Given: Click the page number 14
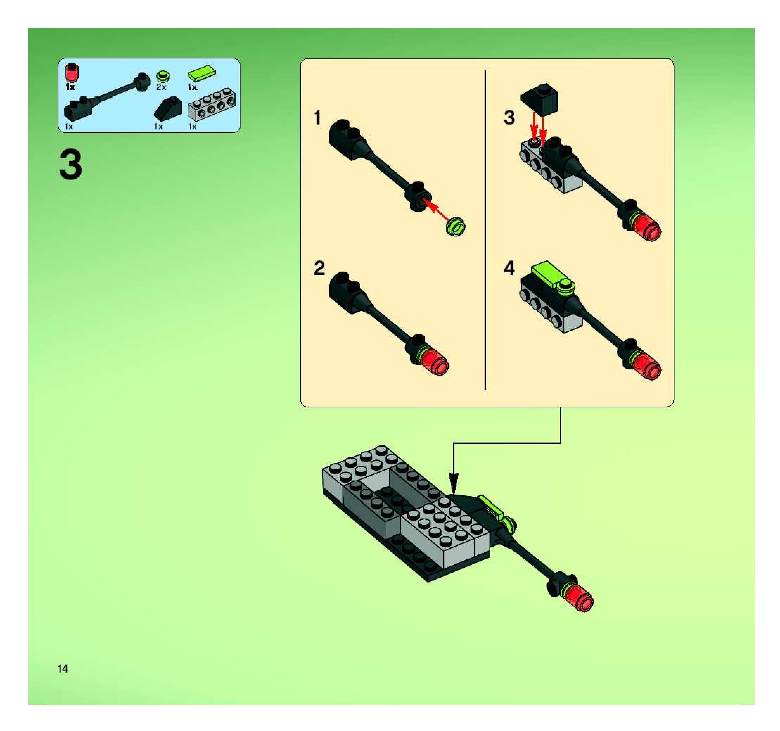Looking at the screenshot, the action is [x=63, y=669].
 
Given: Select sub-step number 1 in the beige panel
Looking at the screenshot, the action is [x=318, y=118].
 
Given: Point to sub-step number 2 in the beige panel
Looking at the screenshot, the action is [x=319, y=268].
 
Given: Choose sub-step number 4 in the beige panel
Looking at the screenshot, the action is [x=509, y=268].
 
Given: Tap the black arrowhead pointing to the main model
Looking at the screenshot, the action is [x=454, y=482].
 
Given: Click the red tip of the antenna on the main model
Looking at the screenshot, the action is [x=580, y=598].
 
